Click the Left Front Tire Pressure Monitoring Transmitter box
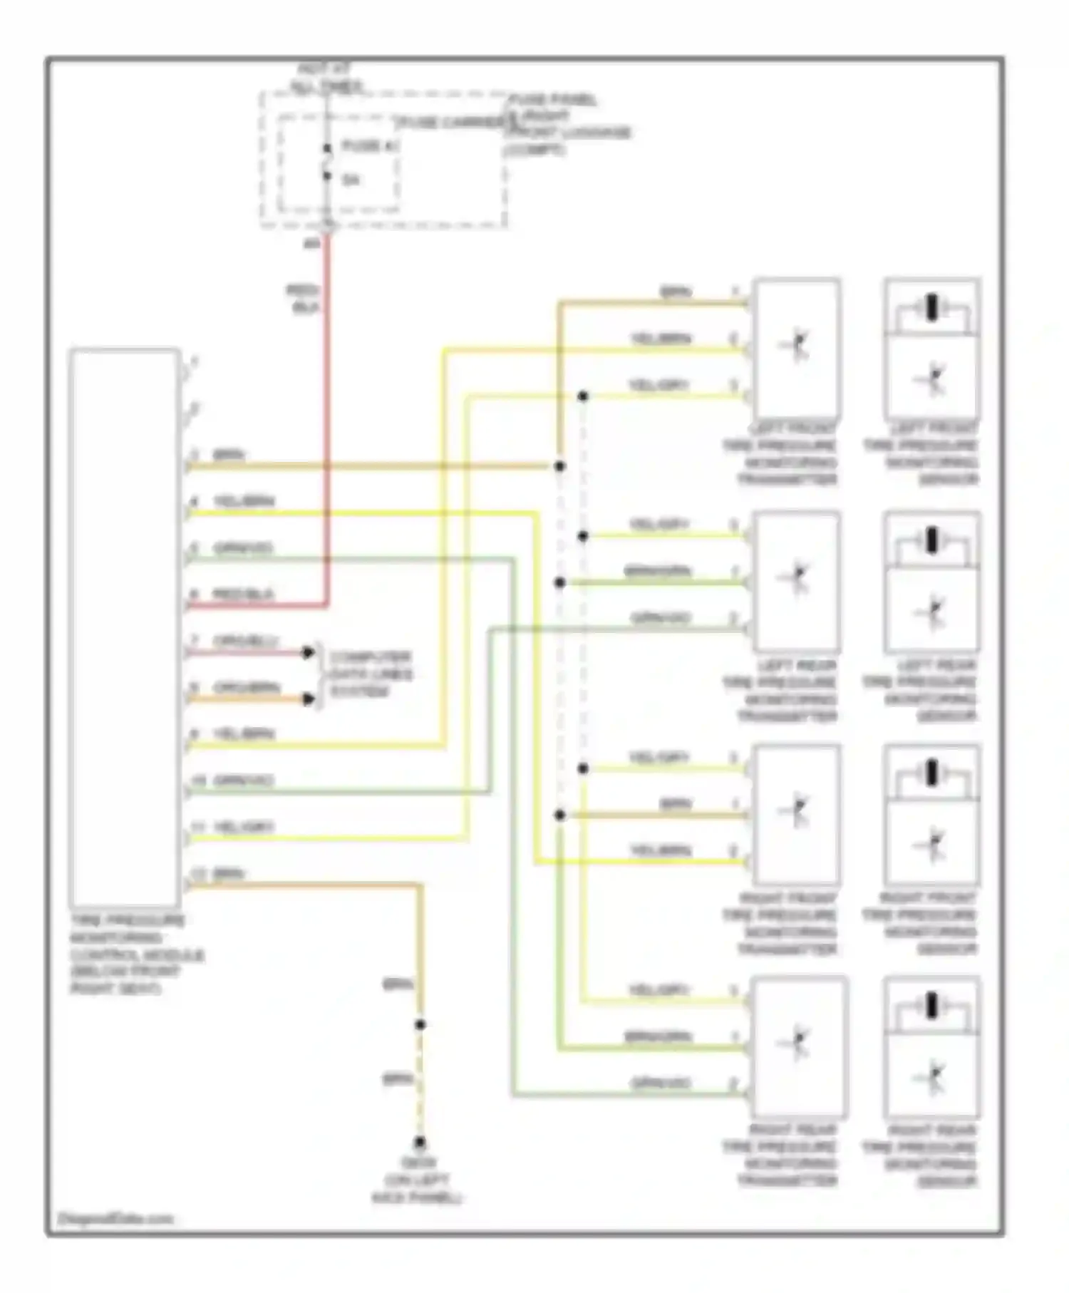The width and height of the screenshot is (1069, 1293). [x=797, y=348]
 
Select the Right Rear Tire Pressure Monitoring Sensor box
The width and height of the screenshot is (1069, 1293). [x=931, y=1046]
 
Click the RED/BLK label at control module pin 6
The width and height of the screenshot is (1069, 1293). [x=242, y=594]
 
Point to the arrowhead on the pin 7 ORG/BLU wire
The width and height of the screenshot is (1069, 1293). [x=308, y=652]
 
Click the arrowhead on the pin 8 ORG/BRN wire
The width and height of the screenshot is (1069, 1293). [x=308, y=699]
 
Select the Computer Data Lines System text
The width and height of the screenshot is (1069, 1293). [x=370, y=674]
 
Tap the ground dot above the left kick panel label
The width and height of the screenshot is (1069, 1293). [x=420, y=1142]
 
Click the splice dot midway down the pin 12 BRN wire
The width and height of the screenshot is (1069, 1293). [x=420, y=1024]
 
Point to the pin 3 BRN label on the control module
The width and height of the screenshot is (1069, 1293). [x=229, y=455]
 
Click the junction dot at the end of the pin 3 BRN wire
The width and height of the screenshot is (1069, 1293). [x=560, y=466]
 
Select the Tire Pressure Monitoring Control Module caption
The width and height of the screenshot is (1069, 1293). [x=135, y=954]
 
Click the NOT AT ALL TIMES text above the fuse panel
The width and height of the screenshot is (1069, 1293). [x=326, y=78]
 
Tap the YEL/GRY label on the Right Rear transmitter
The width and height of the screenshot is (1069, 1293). [x=659, y=990]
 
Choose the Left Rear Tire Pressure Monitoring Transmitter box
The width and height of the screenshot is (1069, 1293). [x=797, y=581]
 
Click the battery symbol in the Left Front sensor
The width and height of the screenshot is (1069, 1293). [x=931, y=308]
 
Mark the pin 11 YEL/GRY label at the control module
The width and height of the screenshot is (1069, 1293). [x=243, y=827]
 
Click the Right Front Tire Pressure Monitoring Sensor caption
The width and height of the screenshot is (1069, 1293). [x=919, y=924]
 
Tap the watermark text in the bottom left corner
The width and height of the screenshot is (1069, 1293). [x=114, y=1218]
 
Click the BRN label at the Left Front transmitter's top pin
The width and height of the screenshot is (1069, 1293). [x=675, y=292]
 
